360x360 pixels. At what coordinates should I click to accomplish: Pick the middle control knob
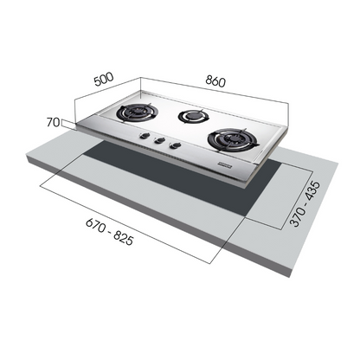click(157, 143)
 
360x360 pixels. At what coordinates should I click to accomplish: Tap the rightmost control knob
click(177, 147)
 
